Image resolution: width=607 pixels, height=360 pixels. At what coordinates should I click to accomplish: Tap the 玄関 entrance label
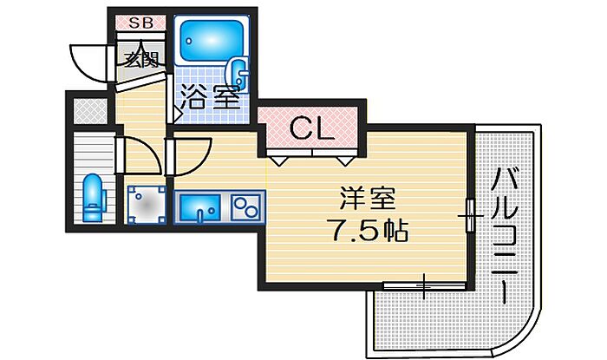click(x=139, y=61)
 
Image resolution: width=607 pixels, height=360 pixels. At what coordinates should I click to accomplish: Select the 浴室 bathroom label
click(x=210, y=96)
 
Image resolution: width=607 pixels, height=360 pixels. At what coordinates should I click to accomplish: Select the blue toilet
click(x=94, y=195)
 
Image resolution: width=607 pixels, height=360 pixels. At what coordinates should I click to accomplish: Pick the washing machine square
click(x=146, y=206)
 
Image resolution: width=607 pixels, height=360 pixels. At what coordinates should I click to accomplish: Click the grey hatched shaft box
click(x=88, y=110)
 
